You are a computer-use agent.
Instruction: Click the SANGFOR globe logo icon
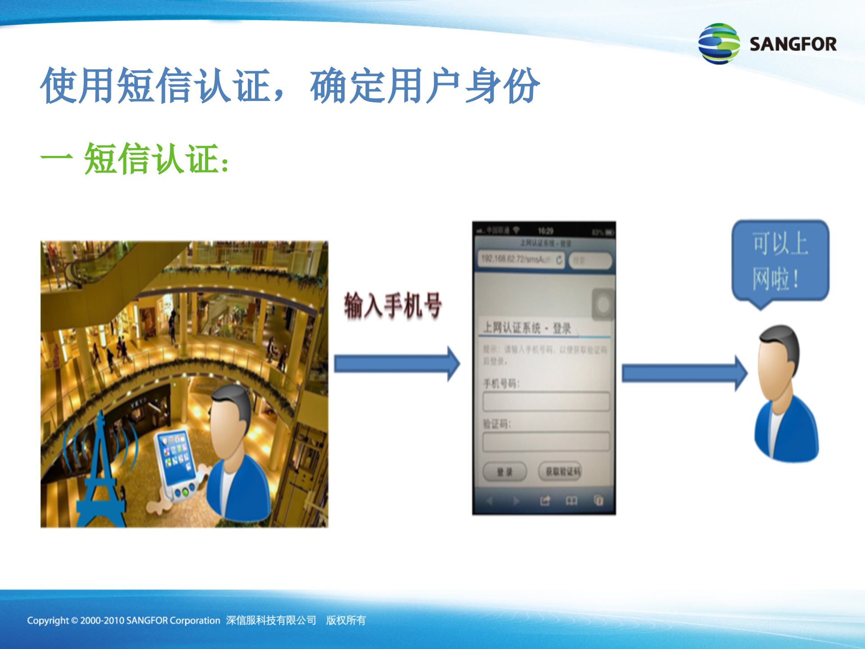tap(719, 44)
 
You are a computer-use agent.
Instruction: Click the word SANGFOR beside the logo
tap(793, 44)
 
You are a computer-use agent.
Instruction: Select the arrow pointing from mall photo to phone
tap(396, 364)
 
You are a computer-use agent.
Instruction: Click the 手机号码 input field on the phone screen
tap(546, 401)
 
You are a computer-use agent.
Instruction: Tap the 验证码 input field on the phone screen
tap(546, 441)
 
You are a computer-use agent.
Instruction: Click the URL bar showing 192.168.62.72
tap(520, 260)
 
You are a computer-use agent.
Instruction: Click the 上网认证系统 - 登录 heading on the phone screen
tap(527, 328)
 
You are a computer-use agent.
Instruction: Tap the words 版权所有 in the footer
tap(346, 621)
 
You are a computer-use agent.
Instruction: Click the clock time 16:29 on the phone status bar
tap(546, 231)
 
